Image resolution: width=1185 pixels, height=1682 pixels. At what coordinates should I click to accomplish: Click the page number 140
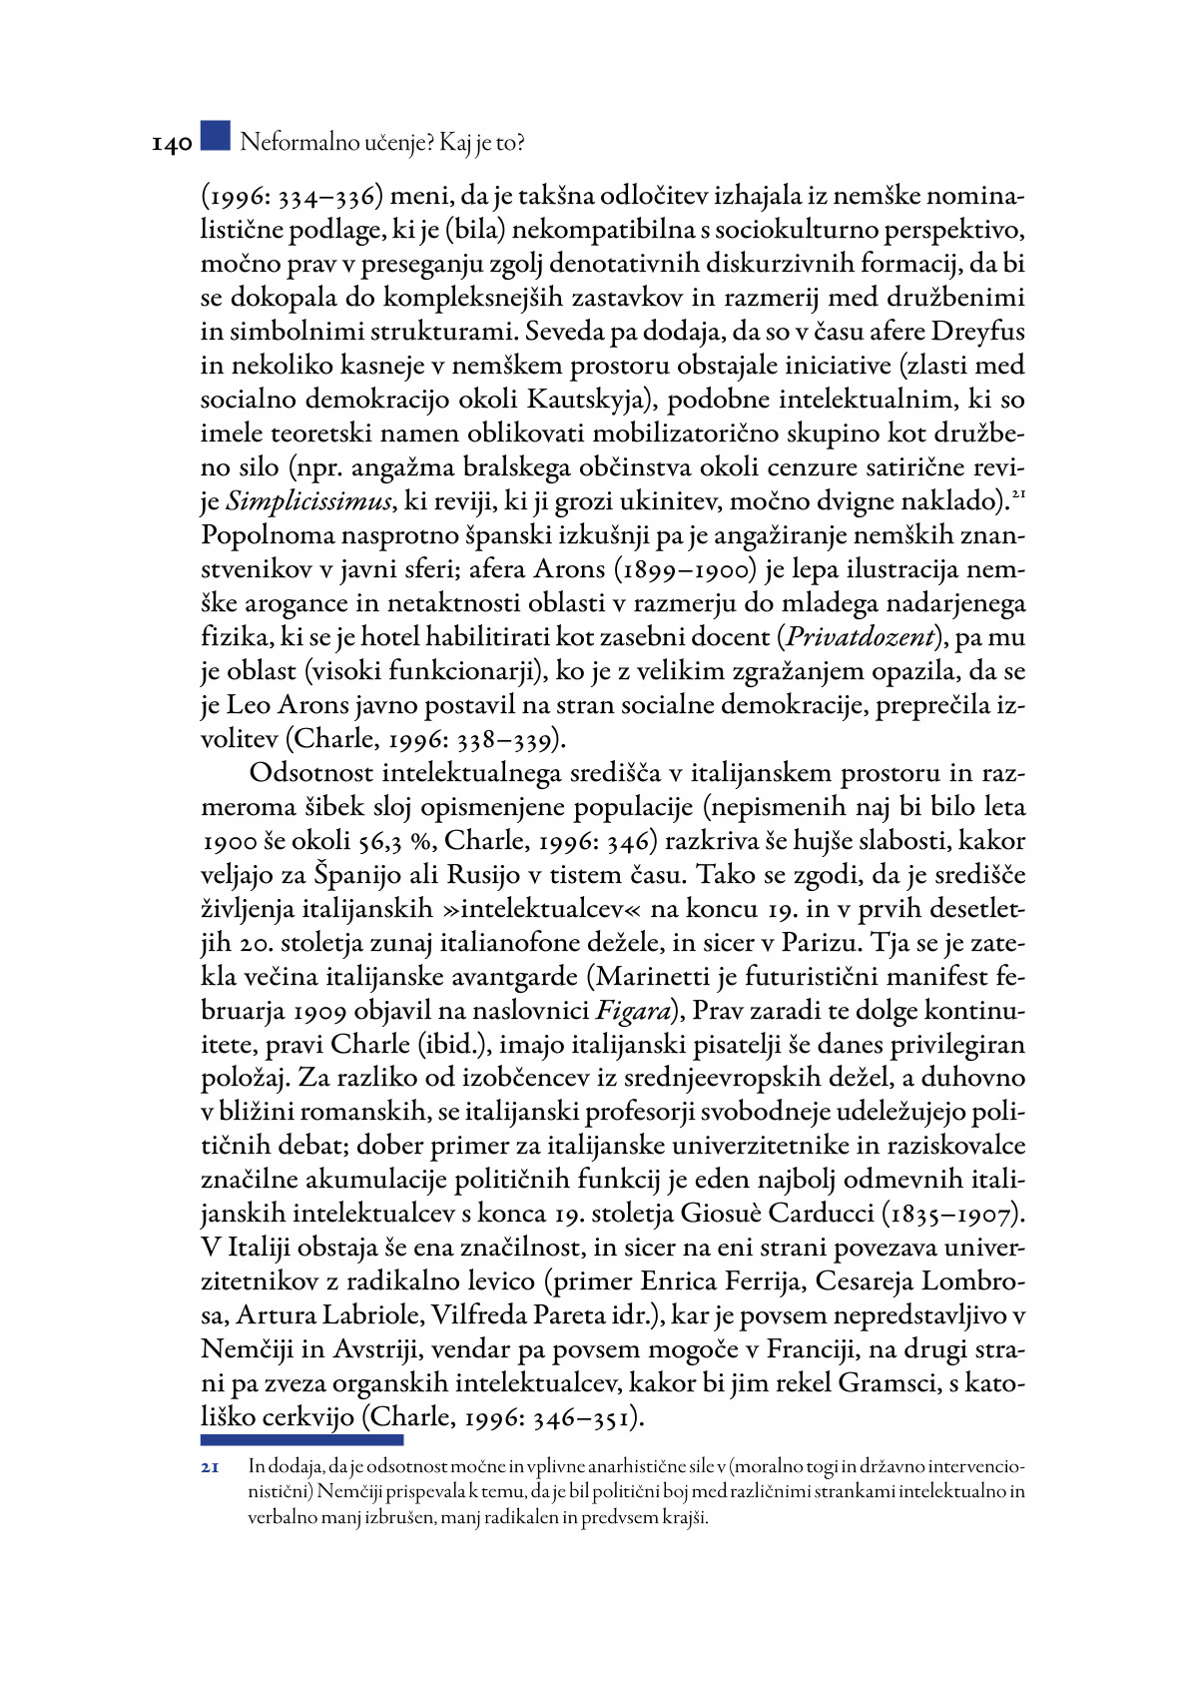[x=171, y=144]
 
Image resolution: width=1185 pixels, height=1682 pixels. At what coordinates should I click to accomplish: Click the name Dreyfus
[x=977, y=332]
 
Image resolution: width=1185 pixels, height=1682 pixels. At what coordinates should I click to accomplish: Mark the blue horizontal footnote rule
[x=301, y=1440]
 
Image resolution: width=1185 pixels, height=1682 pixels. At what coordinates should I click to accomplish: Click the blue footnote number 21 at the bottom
[x=210, y=1467]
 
